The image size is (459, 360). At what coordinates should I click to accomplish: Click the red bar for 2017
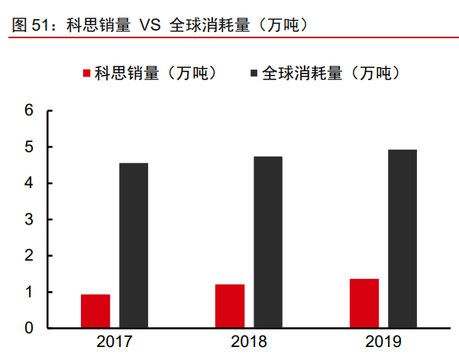click(x=95, y=311)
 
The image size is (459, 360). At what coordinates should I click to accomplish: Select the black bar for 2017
click(x=134, y=245)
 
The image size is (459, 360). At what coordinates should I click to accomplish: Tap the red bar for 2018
click(x=230, y=306)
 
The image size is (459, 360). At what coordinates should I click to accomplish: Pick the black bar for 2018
click(x=268, y=242)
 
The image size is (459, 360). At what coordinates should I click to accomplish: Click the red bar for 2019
click(x=364, y=303)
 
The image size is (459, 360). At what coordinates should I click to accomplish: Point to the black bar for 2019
click(x=402, y=238)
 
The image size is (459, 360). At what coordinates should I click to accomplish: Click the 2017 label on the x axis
click(x=115, y=342)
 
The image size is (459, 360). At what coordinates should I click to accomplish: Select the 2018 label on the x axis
click(x=249, y=342)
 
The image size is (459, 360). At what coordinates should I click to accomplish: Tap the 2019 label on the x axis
click(x=383, y=342)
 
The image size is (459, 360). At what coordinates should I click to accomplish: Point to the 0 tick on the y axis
click(x=30, y=328)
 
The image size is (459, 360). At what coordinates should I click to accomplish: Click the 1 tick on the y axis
click(x=30, y=292)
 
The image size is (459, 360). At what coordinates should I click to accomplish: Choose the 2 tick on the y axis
click(x=30, y=256)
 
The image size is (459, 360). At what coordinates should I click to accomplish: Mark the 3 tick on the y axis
click(x=30, y=219)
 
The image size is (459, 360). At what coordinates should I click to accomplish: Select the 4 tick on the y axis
click(x=30, y=183)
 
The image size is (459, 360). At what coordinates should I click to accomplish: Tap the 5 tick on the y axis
click(x=30, y=147)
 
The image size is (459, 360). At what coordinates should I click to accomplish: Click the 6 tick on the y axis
click(x=30, y=111)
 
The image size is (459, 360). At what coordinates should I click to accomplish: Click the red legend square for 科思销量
click(x=86, y=73)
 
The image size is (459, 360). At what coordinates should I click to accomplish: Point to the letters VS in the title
click(x=150, y=24)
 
